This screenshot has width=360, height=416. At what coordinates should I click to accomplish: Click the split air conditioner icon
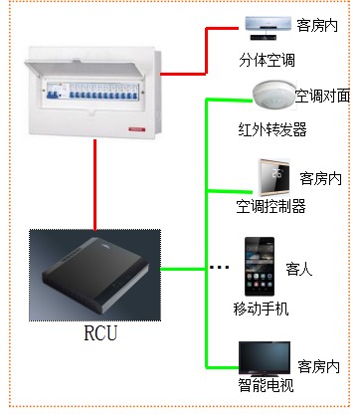[266, 25]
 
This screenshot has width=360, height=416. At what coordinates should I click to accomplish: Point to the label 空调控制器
[270, 206]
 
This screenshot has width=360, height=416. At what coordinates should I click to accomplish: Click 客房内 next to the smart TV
[319, 366]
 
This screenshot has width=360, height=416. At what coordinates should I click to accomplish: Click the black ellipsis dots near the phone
[222, 268]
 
